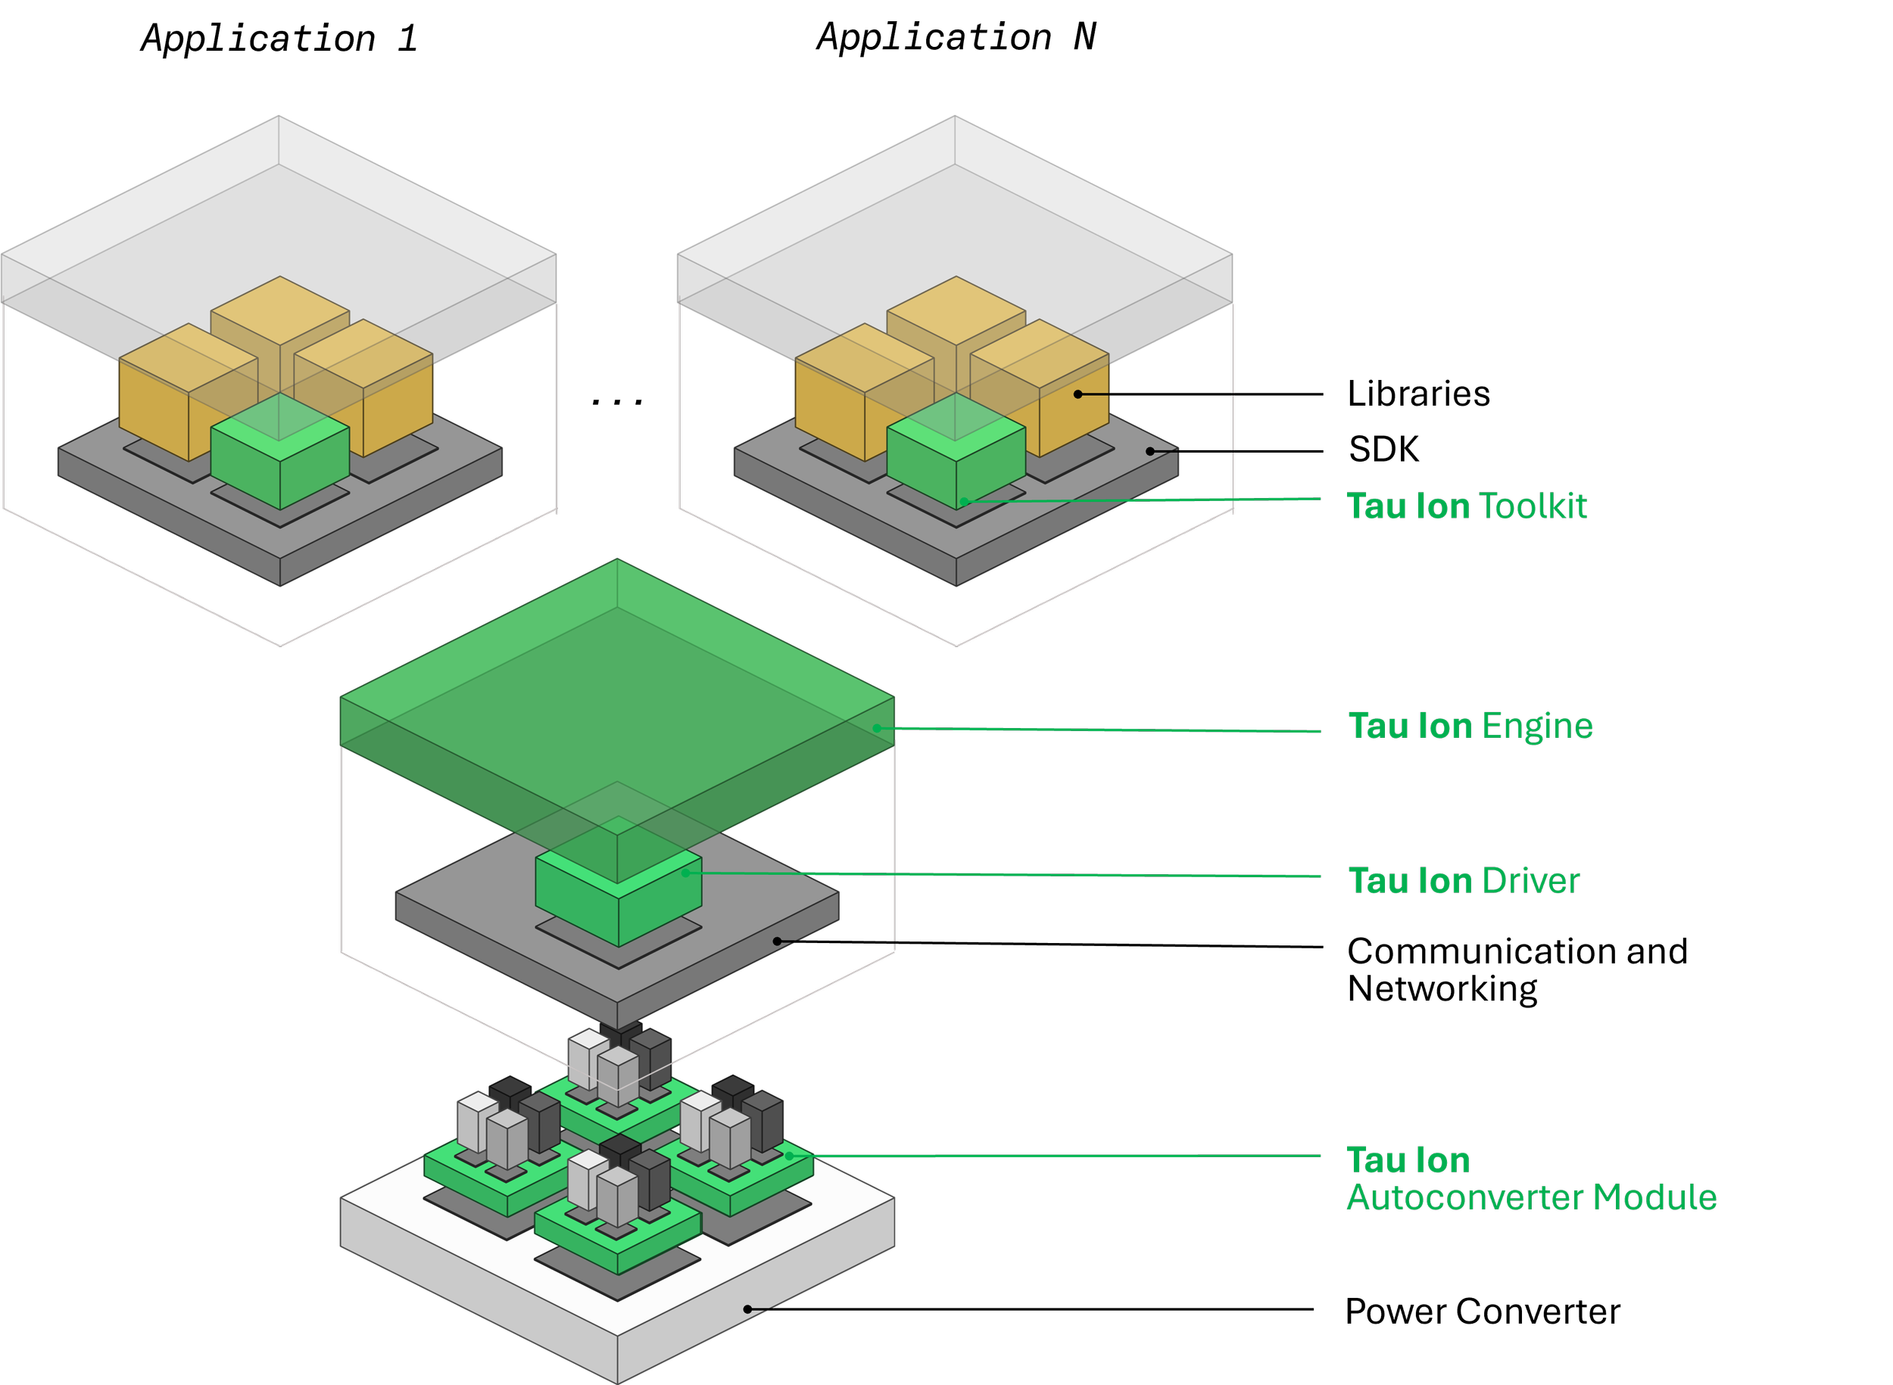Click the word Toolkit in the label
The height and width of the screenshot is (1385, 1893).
tap(1533, 506)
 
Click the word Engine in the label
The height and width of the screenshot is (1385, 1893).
tap(1536, 726)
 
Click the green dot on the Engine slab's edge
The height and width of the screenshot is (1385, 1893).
tap(877, 728)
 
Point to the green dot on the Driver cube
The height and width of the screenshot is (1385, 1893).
tap(685, 873)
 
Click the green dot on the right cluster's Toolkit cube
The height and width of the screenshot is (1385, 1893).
tap(964, 501)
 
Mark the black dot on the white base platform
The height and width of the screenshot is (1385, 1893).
tap(747, 1309)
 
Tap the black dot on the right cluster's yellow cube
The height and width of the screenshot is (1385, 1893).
tap(1077, 394)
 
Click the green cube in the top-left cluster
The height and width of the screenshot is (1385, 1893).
tap(279, 457)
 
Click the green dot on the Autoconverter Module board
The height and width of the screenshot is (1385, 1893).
tap(788, 1155)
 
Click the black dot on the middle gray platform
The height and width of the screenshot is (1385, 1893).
tap(777, 941)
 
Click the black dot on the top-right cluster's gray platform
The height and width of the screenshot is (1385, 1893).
tap(1150, 451)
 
